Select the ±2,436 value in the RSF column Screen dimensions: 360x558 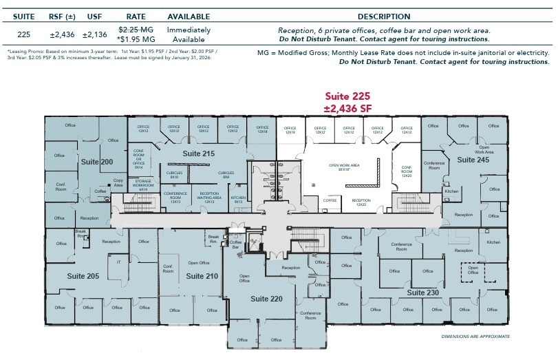63,34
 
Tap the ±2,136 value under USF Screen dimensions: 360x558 94,34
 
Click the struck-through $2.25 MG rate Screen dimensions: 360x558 136,30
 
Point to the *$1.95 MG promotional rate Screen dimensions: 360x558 136,39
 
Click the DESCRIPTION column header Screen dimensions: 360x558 384,16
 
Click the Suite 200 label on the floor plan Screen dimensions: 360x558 96,162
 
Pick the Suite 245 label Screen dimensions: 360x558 473,160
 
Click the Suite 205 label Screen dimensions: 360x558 83,276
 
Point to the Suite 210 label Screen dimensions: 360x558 202,276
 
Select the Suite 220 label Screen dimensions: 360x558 266,299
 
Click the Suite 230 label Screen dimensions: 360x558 422,293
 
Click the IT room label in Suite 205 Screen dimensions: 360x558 118,262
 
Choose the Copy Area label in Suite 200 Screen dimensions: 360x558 118,183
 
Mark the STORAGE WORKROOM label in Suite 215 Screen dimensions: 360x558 143,184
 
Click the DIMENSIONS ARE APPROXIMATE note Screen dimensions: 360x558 476,337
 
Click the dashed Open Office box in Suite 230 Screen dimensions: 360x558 473,270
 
